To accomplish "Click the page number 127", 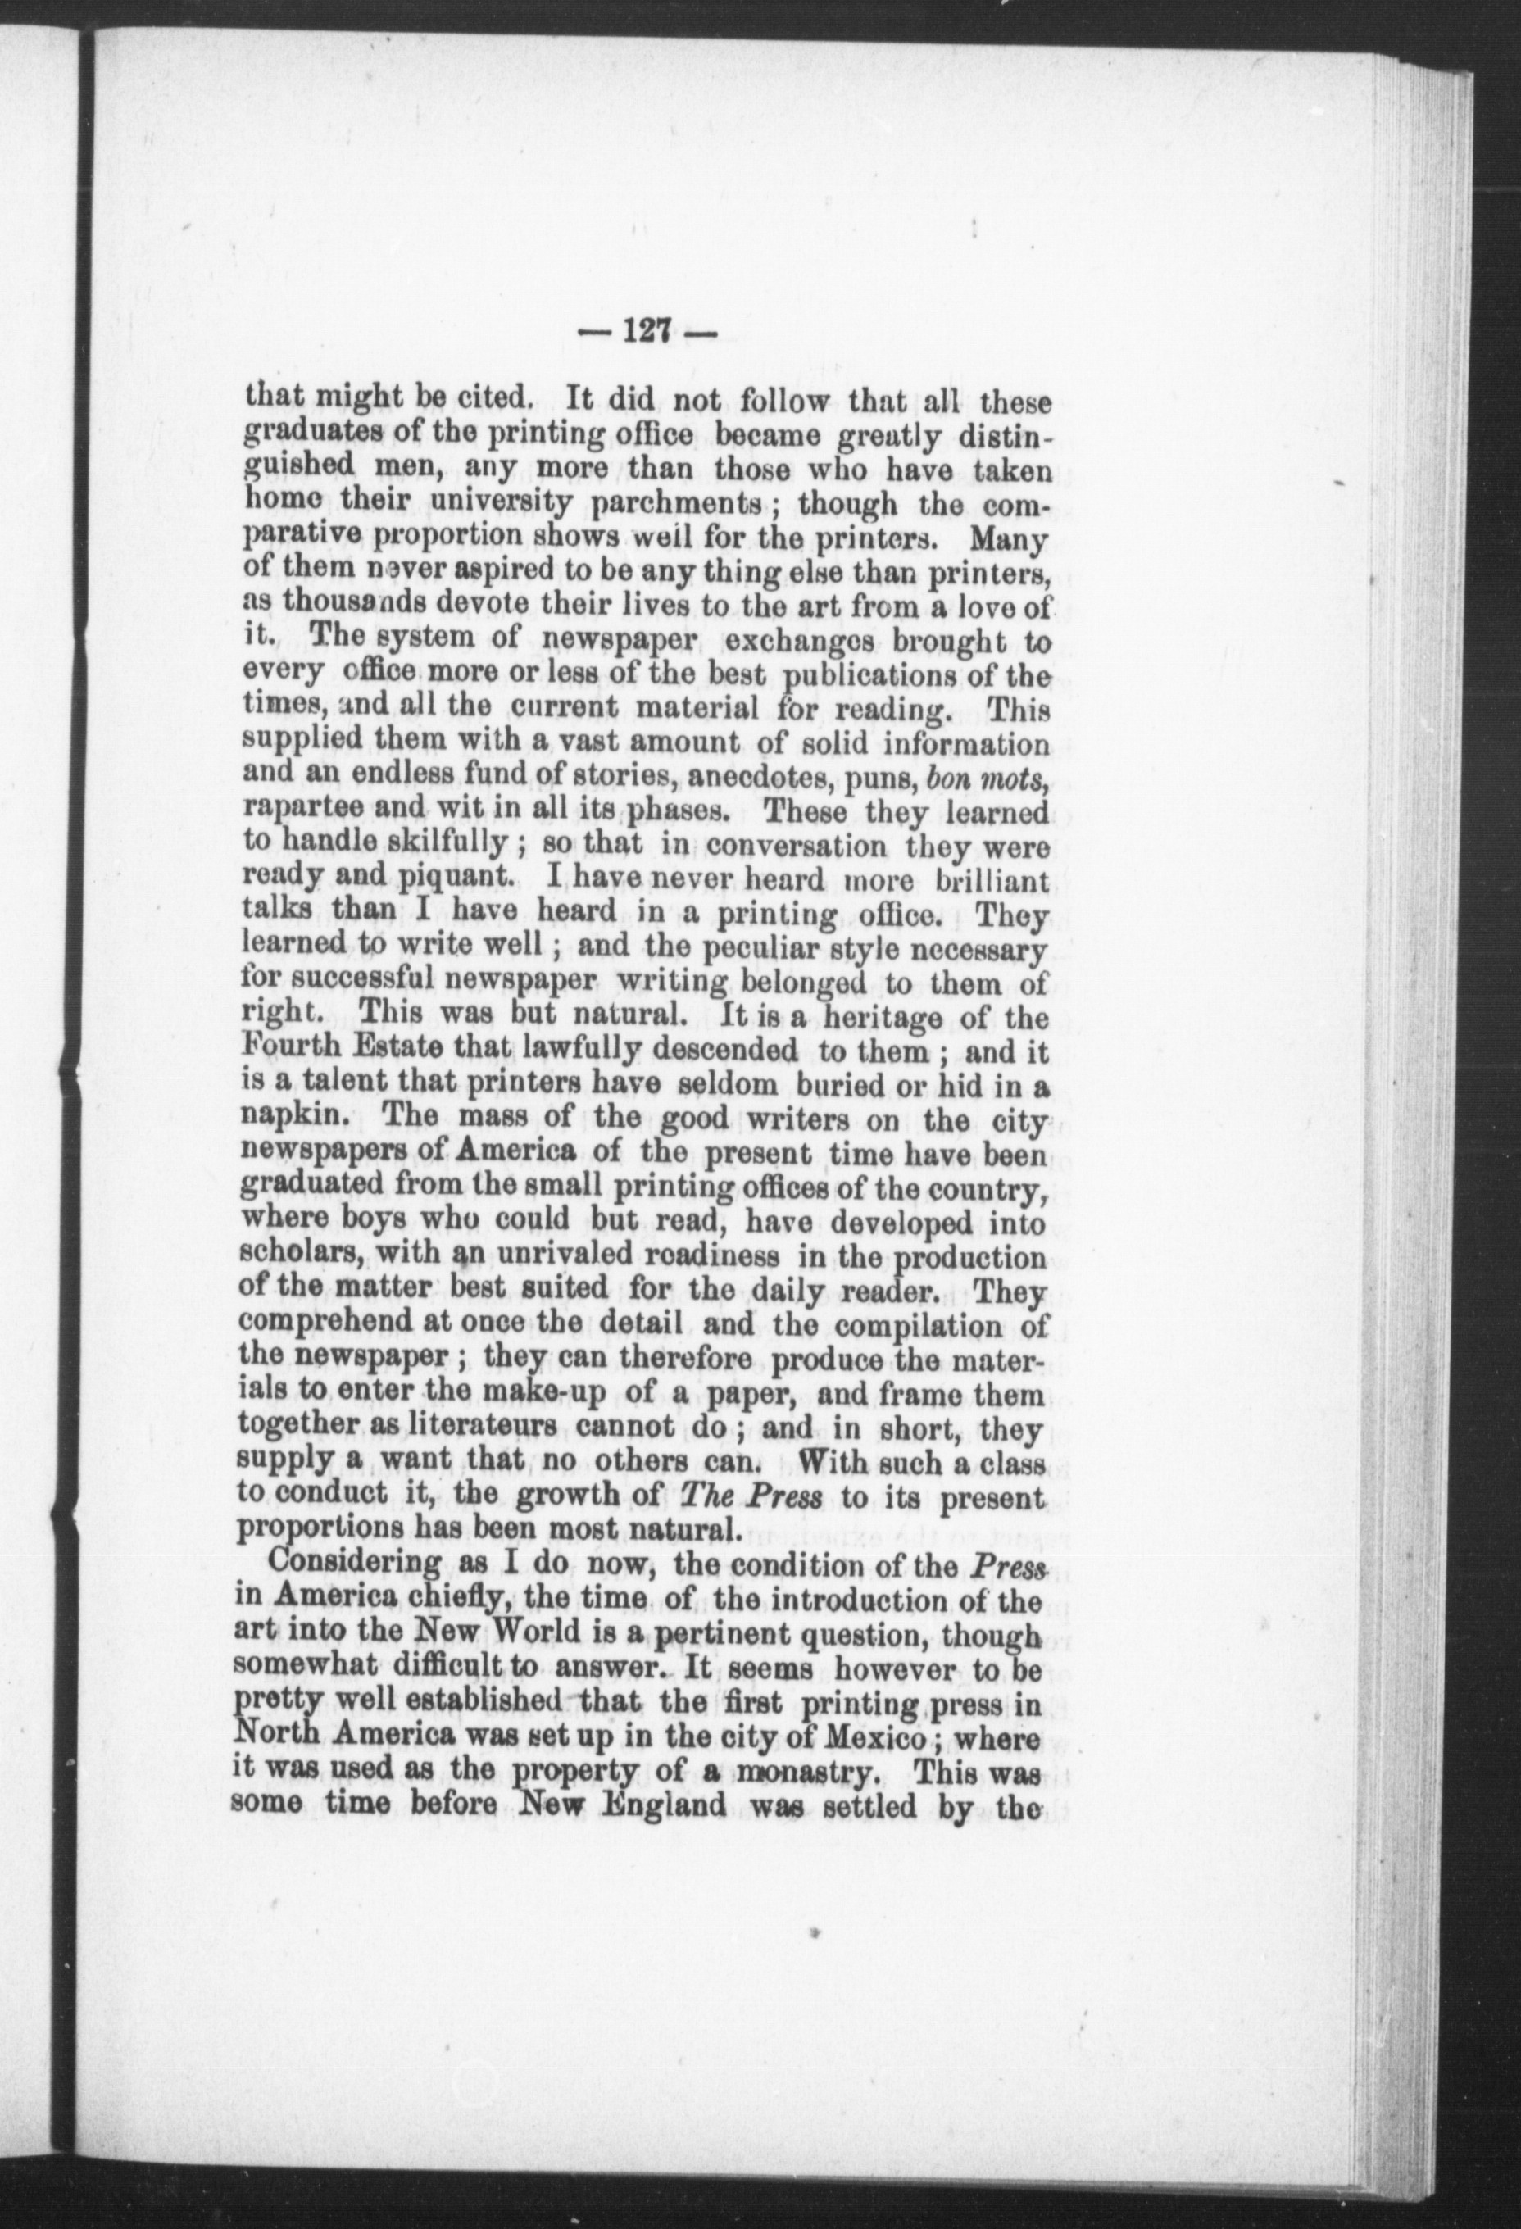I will tap(648, 333).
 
